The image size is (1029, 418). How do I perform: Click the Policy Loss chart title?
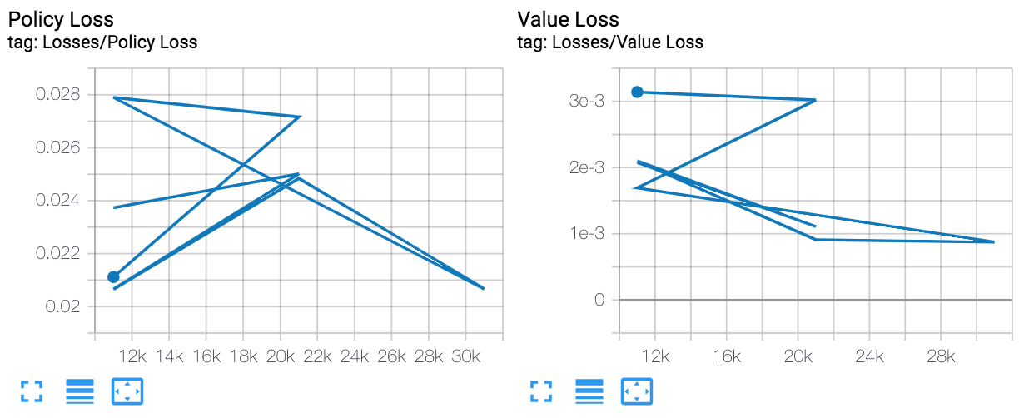pyautogui.click(x=61, y=18)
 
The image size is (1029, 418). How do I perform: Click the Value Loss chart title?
pyautogui.click(x=568, y=18)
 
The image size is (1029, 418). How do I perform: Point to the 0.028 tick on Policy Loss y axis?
pyautogui.click(x=58, y=94)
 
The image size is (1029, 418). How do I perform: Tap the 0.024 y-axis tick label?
pyautogui.click(x=58, y=200)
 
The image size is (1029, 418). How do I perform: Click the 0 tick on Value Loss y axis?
pyautogui.click(x=599, y=300)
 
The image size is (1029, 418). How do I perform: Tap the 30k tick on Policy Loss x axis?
pyautogui.click(x=466, y=356)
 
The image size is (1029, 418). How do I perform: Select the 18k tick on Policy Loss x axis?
pyautogui.click(x=243, y=356)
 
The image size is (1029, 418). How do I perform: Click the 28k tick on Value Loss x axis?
pyautogui.click(x=941, y=356)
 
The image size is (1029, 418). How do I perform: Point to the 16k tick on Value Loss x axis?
pyautogui.click(x=727, y=356)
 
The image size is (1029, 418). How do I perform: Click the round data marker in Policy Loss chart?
pyautogui.click(x=113, y=277)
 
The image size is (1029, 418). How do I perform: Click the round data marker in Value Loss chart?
pyautogui.click(x=637, y=92)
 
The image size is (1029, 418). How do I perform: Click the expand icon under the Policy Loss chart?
pyautogui.click(x=31, y=391)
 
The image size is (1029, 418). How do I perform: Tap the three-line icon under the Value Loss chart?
pyautogui.click(x=589, y=391)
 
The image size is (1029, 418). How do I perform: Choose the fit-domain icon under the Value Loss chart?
pyautogui.click(x=636, y=391)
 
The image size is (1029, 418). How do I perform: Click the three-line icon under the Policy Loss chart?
pyautogui.click(x=80, y=391)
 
